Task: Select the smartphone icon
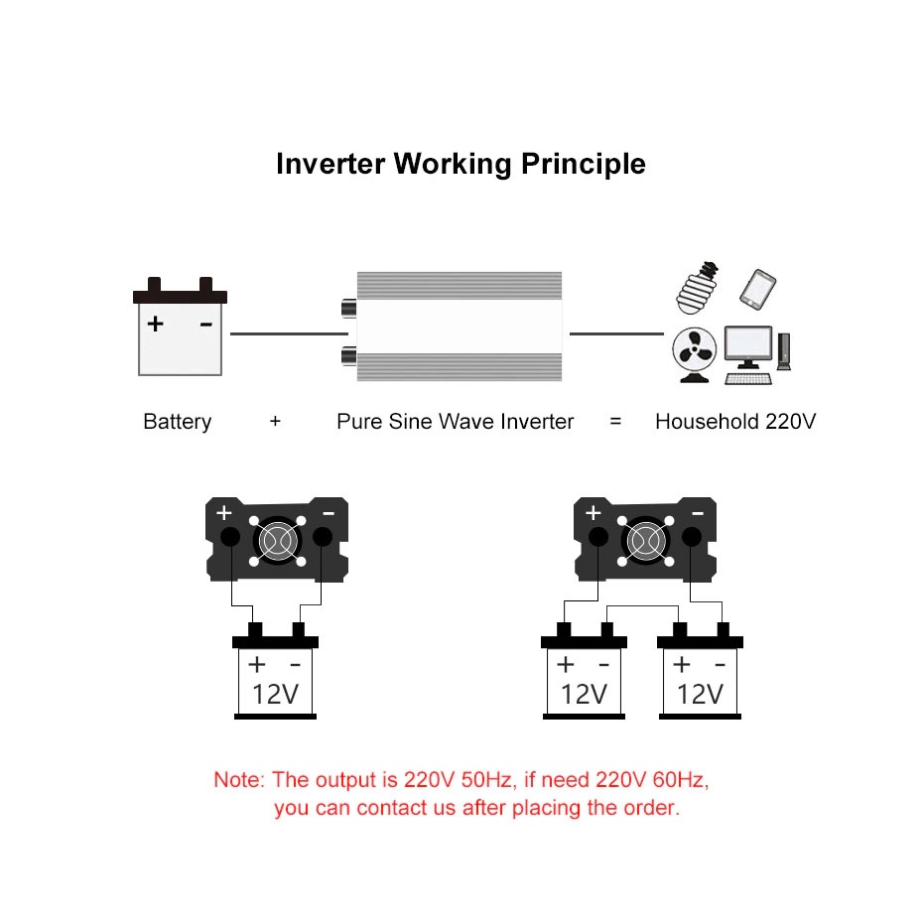(757, 288)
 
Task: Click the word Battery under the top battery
(178, 422)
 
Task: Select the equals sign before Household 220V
(615, 422)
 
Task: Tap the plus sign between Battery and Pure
(275, 422)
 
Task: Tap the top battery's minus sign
(205, 325)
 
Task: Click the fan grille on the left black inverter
(276, 541)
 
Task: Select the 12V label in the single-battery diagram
(275, 694)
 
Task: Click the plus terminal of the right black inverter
(597, 537)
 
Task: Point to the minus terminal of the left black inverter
(323, 537)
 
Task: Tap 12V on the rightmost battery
(701, 694)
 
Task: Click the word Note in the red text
(237, 780)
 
